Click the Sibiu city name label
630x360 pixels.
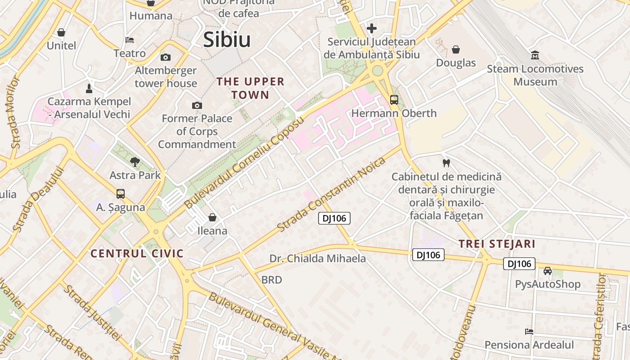coord(227,40)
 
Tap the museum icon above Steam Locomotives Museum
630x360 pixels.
coord(535,55)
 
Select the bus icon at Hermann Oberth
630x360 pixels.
coord(394,99)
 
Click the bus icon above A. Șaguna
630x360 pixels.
coord(121,193)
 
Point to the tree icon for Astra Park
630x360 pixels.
coord(134,162)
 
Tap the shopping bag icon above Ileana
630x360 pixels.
coord(212,217)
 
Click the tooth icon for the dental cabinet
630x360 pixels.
coord(446,163)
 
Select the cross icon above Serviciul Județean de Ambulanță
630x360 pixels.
coord(371,28)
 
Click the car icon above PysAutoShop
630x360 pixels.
coord(547,270)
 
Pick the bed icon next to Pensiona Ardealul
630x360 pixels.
coord(529,331)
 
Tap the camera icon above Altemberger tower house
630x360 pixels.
coord(166,57)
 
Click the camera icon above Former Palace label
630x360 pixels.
coord(197,105)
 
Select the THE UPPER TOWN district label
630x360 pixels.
coord(251,88)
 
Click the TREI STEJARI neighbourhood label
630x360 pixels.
coord(497,244)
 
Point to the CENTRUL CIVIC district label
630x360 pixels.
coord(137,253)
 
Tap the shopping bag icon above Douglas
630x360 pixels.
coord(455,49)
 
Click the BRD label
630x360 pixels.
coord(272,280)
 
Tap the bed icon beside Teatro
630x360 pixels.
coord(130,40)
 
